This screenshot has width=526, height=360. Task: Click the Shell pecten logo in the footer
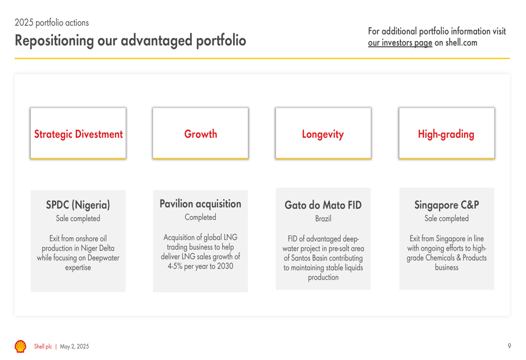(21, 346)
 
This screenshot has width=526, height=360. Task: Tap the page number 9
(509, 346)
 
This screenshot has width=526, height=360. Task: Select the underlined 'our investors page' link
(400, 43)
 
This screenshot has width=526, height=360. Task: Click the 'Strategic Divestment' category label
(78, 134)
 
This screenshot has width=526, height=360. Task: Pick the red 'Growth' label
(200, 133)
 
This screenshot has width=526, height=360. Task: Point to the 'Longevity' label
(323, 134)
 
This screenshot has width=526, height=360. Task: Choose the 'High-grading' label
(446, 134)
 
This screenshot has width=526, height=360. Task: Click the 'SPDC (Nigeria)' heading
(78, 205)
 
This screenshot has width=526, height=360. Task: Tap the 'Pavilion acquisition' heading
(200, 204)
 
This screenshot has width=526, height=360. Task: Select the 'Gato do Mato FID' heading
(323, 205)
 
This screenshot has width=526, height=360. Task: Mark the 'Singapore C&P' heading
(447, 204)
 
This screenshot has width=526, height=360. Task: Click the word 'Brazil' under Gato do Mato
(323, 219)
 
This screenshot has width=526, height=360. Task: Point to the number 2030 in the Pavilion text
(225, 266)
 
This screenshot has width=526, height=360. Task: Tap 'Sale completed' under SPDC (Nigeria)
(78, 218)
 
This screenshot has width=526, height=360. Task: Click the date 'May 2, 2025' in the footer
(75, 346)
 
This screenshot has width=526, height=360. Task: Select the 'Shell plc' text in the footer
(43, 346)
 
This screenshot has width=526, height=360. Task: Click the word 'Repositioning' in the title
(54, 40)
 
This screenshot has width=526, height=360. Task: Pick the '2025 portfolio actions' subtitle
(52, 23)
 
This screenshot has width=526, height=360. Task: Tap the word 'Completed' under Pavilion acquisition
(200, 217)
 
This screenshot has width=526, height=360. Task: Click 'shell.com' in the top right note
(461, 43)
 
